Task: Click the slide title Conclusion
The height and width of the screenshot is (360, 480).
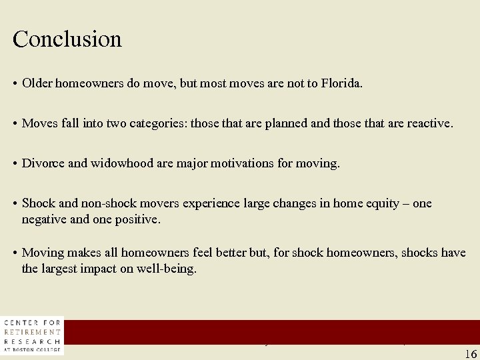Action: (x=67, y=39)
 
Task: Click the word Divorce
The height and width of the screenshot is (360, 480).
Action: (x=43, y=163)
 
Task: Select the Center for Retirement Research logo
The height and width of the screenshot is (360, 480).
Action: (x=33, y=335)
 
